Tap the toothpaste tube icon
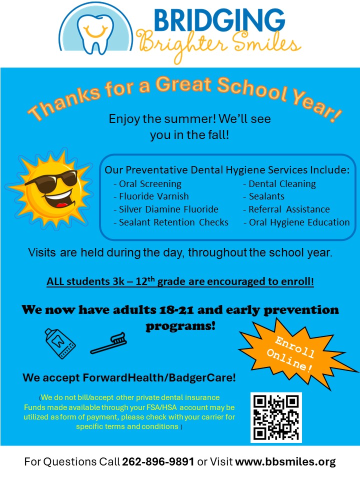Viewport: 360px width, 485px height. pos(59,343)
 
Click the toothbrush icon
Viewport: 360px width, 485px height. pos(108,343)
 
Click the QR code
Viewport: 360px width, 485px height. pos(276,417)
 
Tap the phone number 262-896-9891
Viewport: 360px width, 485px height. pos(158,462)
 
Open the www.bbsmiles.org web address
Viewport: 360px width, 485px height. pos(285,462)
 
